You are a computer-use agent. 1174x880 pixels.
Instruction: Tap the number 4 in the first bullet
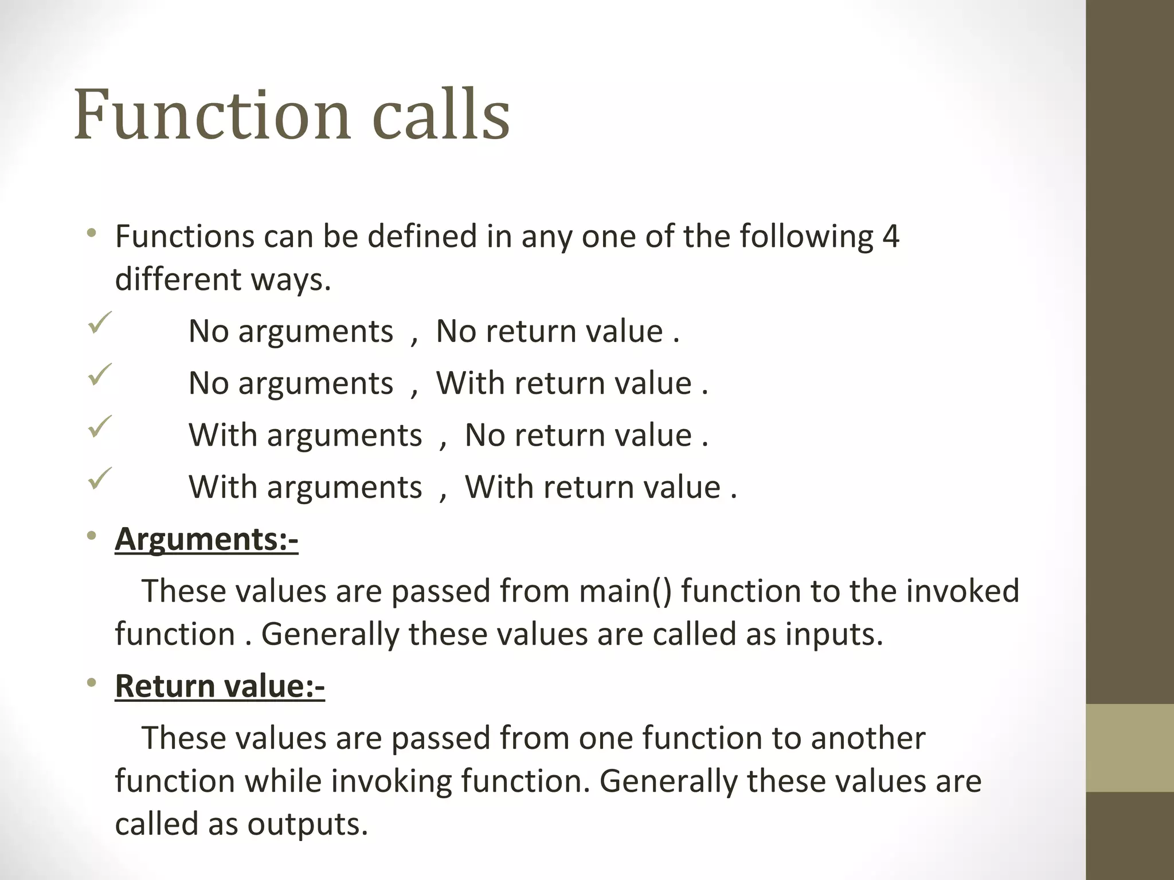tap(890, 236)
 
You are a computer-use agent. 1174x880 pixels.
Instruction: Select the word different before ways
tap(178, 280)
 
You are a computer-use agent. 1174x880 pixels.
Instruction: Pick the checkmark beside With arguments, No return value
tap(100, 427)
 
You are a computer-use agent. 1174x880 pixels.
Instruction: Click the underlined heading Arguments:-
tap(206, 540)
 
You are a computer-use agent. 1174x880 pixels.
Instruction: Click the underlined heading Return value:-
tap(220, 686)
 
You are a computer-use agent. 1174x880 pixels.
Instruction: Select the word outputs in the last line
tap(307, 824)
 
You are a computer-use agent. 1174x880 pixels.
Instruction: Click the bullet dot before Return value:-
tap(91, 683)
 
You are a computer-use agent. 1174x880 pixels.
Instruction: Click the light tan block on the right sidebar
tap(1130, 748)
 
